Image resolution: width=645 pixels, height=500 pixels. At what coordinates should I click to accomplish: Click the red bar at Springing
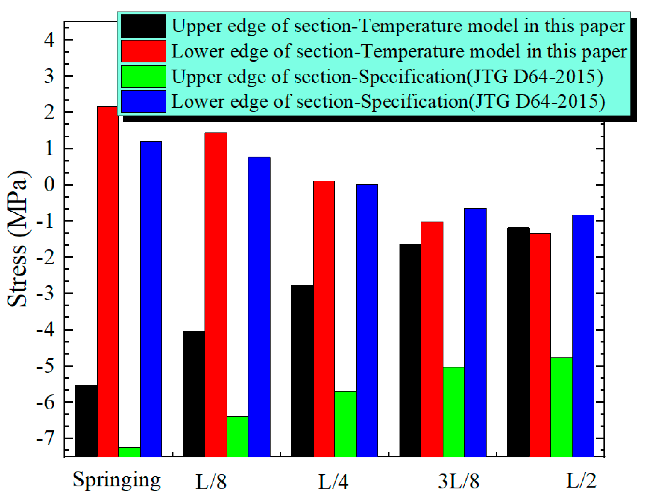108,281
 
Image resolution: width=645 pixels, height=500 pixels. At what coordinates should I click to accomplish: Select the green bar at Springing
129,452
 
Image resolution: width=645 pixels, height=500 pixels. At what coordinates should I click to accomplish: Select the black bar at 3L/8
410,350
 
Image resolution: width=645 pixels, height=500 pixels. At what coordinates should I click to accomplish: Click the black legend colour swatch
143,26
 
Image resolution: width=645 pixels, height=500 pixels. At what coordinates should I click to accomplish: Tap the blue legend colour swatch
143,101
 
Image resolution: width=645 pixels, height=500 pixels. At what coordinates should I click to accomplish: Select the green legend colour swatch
143,77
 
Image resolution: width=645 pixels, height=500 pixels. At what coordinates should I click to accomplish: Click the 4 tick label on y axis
49,40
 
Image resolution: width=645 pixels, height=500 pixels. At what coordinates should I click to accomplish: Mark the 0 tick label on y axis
49,185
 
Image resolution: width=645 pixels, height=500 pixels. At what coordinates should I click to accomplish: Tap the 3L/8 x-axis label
459,481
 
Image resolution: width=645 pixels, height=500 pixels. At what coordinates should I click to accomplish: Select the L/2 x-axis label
581,481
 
